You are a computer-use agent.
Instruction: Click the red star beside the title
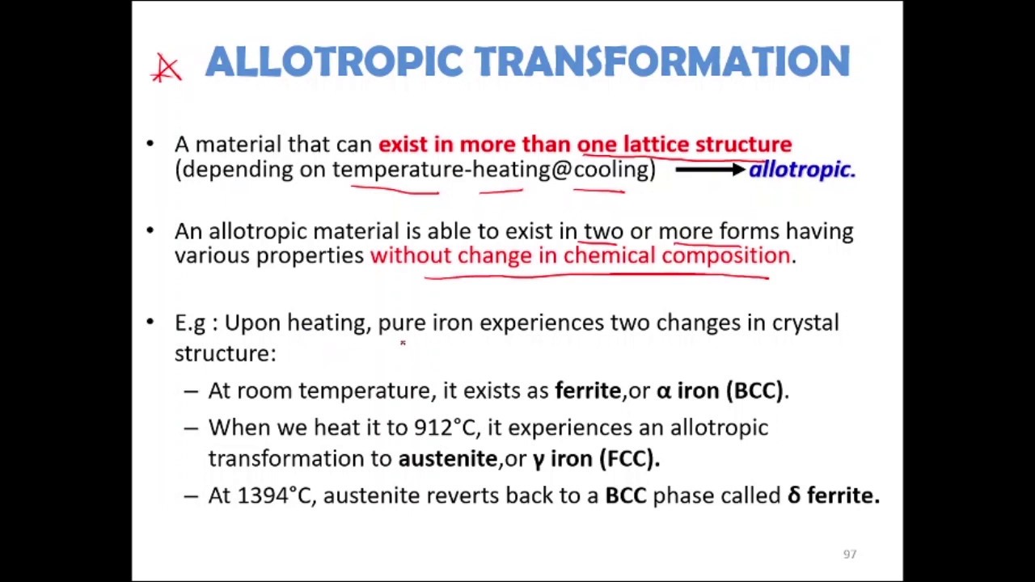click(x=167, y=68)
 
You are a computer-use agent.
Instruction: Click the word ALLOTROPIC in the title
click(x=334, y=62)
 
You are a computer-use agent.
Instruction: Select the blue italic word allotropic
click(x=801, y=169)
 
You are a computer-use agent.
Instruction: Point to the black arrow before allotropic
click(x=709, y=169)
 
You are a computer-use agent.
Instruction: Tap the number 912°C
click(x=444, y=427)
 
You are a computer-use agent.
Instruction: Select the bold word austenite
click(x=447, y=458)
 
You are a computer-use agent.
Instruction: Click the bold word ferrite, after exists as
click(x=588, y=390)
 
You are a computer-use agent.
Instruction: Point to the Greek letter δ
click(x=794, y=495)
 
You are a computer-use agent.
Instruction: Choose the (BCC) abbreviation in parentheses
click(x=755, y=390)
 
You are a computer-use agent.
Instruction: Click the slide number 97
click(x=849, y=554)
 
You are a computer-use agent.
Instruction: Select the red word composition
click(x=725, y=255)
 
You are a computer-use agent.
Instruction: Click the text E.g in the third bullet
click(x=190, y=323)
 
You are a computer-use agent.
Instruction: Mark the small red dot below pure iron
click(x=403, y=343)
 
